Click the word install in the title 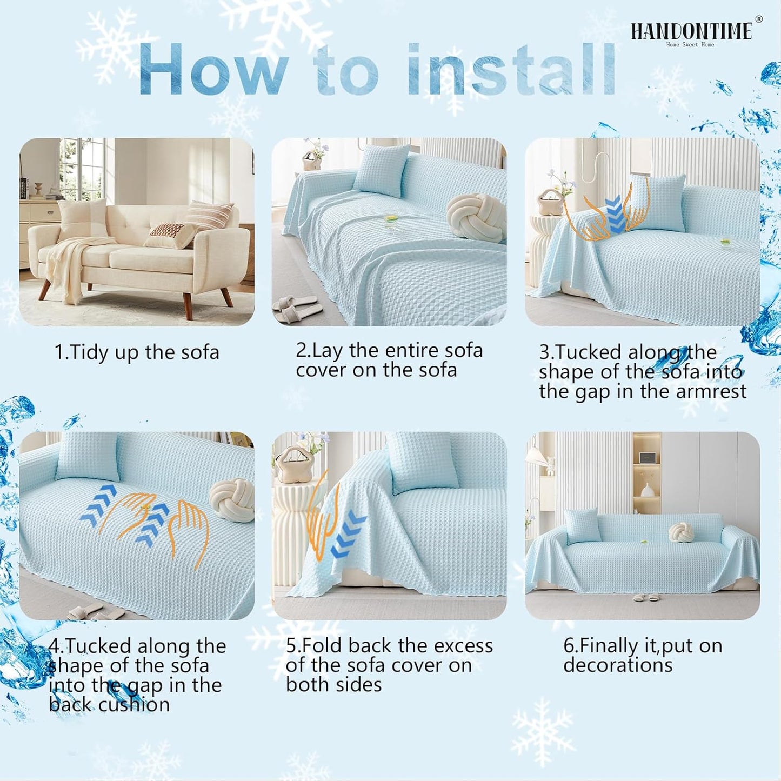[x=511, y=70]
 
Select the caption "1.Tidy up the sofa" [x=137, y=352]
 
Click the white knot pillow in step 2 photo [x=476, y=217]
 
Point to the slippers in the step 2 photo [x=297, y=309]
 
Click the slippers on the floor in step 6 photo [x=646, y=598]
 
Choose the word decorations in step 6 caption [x=618, y=665]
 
